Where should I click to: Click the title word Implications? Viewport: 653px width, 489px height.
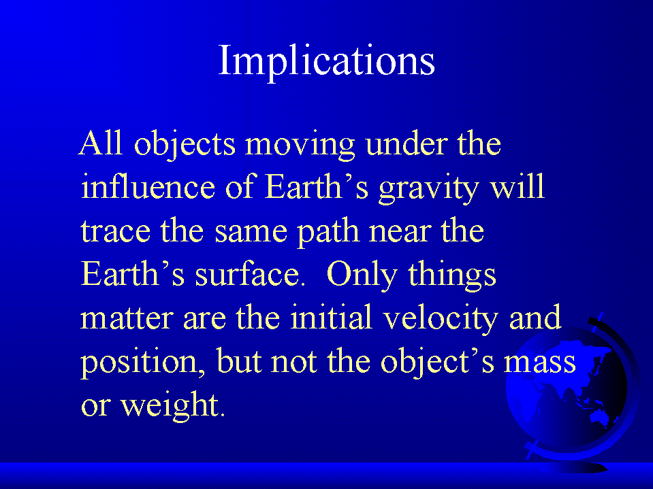click(327, 61)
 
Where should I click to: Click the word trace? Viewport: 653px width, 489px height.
click(115, 231)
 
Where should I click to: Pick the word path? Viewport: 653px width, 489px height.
click(329, 232)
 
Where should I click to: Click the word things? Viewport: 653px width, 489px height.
click(452, 275)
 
